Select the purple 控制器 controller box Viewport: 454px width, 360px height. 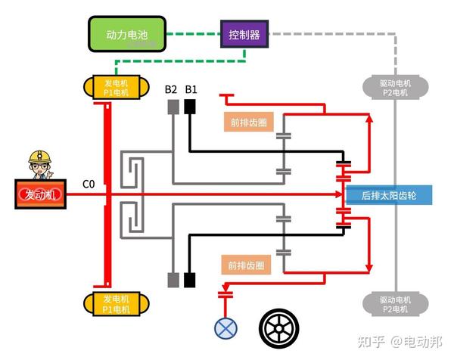(245, 34)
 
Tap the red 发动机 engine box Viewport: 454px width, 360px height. (40, 194)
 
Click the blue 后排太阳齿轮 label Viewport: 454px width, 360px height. (388, 194)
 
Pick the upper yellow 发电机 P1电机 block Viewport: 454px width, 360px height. (110, 87)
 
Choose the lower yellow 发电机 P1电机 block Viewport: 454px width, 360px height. (110, 304)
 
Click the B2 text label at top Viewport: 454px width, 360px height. (171, 90)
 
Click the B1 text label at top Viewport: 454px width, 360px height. (191, 90)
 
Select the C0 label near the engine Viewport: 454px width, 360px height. (89, 184)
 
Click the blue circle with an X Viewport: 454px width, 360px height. (225, 327)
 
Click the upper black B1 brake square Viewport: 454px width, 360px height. (190, 107)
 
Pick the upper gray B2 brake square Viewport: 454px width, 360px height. (173, 107)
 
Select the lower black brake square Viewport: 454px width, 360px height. (189, 278)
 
